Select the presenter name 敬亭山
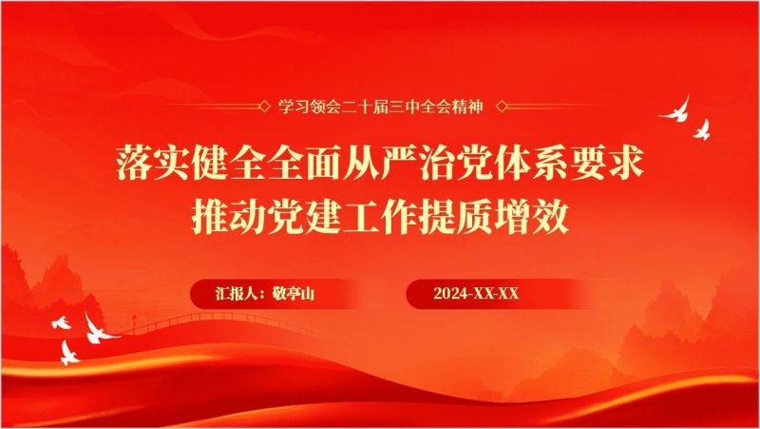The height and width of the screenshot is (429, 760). pos(294,294)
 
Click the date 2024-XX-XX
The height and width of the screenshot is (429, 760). pos(476,294)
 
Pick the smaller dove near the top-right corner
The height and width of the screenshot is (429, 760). pos(703,127)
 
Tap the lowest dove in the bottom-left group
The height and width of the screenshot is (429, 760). pos(68,354)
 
